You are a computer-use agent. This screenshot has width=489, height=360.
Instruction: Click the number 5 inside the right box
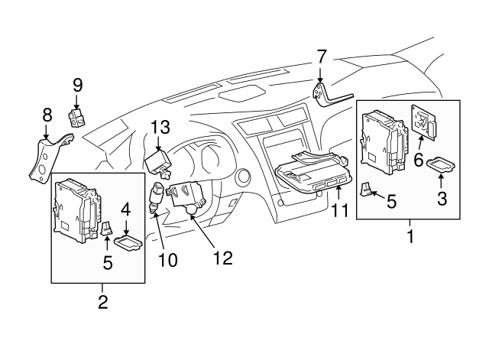click(x=392, y=202)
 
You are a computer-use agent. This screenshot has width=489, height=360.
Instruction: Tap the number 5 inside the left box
click(x=108, y=262)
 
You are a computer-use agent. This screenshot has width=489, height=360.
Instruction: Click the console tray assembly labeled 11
click(x=313, y=176)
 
